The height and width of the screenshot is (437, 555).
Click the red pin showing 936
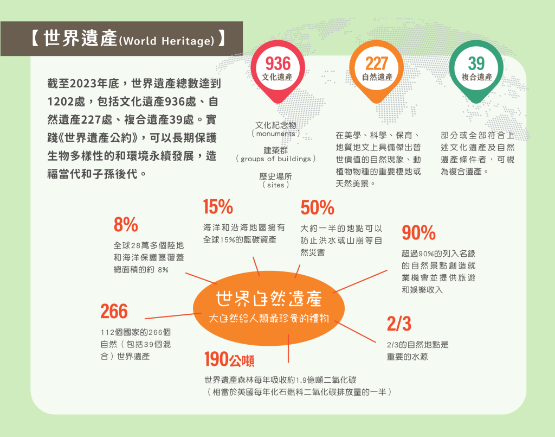[278, 71]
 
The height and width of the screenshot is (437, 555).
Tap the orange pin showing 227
[377, 71]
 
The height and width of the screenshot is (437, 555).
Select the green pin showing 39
[476, 71]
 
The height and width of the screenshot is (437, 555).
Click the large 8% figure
[126, 225]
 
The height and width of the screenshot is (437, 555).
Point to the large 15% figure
[218, 207]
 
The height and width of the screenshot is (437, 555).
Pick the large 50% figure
[318, 208]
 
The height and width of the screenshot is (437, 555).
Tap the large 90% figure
[419, 233]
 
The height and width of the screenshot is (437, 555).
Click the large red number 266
[114, 312]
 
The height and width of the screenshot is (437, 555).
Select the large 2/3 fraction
[399, 324]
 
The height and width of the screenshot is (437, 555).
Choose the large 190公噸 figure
[229, 359]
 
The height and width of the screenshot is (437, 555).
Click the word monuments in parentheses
[276, 134]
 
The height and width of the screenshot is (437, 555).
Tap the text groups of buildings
[276, 159]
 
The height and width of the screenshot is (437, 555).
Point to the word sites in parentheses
[276, 185]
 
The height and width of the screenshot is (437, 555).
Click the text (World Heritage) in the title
[167, 41]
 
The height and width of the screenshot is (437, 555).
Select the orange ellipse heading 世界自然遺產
[269, 308]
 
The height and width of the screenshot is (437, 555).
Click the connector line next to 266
[173, 316]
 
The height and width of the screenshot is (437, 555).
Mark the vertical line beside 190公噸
[288, 349]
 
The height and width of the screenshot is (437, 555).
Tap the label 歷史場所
[276, 176]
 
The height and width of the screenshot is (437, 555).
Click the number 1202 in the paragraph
[60, 102]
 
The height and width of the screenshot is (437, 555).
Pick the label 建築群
[276, 150]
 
